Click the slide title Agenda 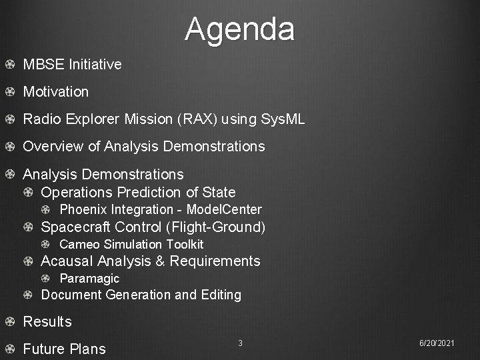click(239, 29)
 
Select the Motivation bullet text click(56, 91)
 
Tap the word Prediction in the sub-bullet click(149, 193)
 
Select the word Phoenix click(82, 210)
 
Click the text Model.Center click(223, 210)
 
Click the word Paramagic click(90, 279)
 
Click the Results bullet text click(47, 322)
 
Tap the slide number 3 click(240, 343)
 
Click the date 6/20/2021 click(437, 343)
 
